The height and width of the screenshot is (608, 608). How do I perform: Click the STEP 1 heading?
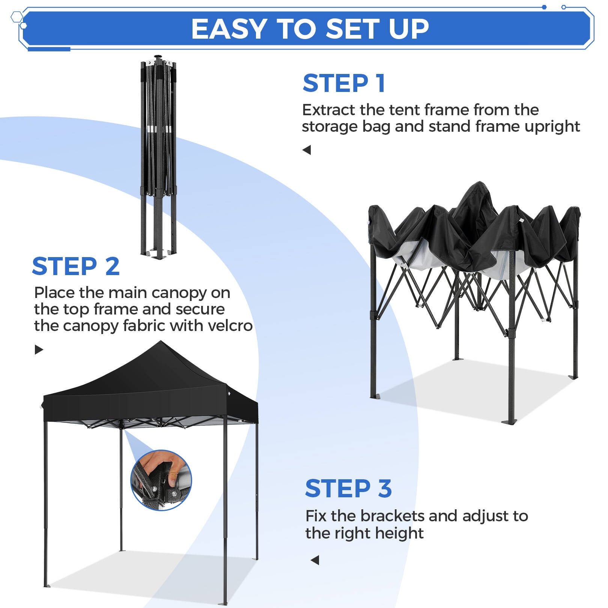(x=344, y=83)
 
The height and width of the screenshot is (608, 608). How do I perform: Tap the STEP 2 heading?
(x=76, y=266)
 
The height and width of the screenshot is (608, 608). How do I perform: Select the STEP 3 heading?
(x=349, y=488)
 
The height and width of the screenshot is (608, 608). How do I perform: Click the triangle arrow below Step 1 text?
(x=307, y=150)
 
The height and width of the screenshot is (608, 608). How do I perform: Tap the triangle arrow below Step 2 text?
(x=39, y=350)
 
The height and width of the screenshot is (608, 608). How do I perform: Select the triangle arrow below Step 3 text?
(x=315, y=560)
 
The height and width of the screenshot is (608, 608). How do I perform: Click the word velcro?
(x=230, y=326)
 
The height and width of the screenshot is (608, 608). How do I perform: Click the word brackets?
(x=393, y=516)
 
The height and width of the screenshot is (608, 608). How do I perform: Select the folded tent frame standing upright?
(x=159, y=158)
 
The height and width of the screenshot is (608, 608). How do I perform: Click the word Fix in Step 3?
(x=316, y=516)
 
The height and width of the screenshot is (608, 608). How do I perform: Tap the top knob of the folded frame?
(x=158, y=57)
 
